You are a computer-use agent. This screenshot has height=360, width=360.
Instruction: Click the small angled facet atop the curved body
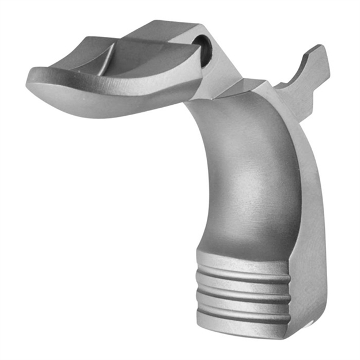[x=245, y=89]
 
